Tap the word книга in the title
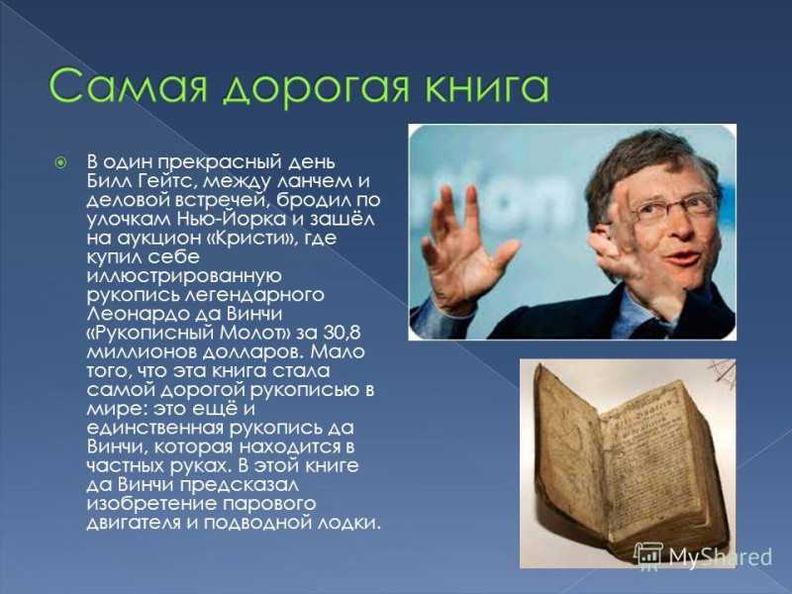pyautogui.click(x=486, y=87)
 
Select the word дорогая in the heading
pyautogui.click(x=316, y=89)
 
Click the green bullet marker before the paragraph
pyautogui.click(x=60, y=163)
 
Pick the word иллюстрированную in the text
pyautogui.click(x=184, y=276)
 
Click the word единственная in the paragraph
pyautogui.click(x=154, y=429)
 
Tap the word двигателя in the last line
pyautogui.click(x=134, y=524)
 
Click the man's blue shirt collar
pyautogui.click(x=638, y=307)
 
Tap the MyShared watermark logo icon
pyautogui.click(x=647, y=555)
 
